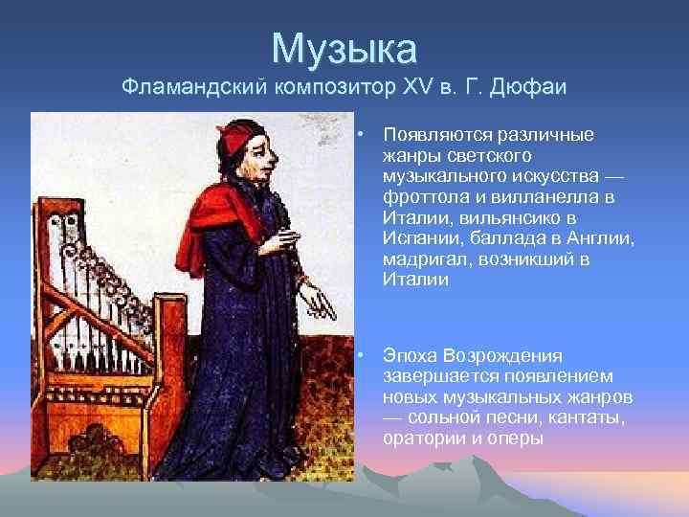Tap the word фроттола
(x=418, y=196)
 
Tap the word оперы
(x=517, y=439)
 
